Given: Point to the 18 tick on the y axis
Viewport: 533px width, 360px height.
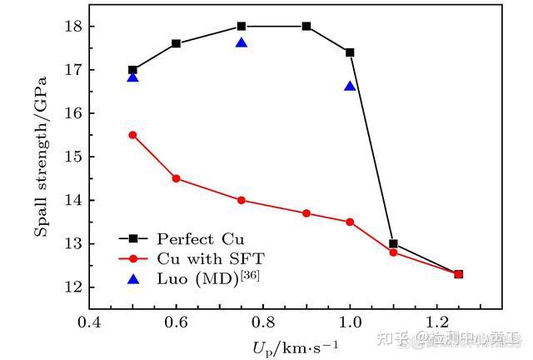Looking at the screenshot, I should [72, 27].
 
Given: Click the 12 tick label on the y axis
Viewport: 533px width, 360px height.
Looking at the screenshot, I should [72, 287].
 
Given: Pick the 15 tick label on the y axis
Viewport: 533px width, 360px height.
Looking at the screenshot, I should [72, 157].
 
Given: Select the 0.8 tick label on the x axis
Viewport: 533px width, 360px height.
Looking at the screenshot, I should [263, 322].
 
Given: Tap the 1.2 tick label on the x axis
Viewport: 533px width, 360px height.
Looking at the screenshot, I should [436, 322].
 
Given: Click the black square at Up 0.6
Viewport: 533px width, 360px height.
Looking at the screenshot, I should [176, 43].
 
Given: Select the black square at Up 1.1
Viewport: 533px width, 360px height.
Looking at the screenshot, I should [393, 244].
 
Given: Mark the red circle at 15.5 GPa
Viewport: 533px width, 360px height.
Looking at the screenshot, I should [132, 135].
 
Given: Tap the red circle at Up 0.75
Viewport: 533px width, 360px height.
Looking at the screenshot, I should [242, 200].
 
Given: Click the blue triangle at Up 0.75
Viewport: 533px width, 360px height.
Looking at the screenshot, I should [242, 42].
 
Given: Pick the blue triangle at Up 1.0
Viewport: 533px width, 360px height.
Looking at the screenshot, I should [350, 86].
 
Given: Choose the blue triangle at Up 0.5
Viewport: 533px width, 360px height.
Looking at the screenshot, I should [132, 77].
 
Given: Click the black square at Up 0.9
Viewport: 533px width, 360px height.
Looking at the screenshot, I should [306, 26].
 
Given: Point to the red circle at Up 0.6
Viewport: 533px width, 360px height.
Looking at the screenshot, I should [176, 178].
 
